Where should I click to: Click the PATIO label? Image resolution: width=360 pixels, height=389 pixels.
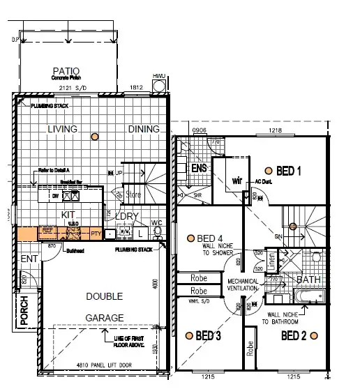(66, 71)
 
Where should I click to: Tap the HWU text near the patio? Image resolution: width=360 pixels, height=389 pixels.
(160, 75)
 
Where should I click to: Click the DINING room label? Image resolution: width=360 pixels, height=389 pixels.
(143, 129)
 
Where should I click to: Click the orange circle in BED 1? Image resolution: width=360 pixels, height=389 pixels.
(268, 169)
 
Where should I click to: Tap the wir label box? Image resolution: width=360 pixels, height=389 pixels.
(236, 181)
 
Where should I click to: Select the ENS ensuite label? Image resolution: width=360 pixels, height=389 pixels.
(198, 168)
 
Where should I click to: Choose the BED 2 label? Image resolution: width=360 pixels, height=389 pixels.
(293, 336)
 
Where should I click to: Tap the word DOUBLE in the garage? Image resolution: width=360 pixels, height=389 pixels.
(104, 296)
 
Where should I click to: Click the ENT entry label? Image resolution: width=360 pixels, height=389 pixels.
(29, 259)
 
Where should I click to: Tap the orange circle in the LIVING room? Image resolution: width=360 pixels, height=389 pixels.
(93, 137)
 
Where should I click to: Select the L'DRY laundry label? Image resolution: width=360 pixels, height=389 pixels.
(127, 216)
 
